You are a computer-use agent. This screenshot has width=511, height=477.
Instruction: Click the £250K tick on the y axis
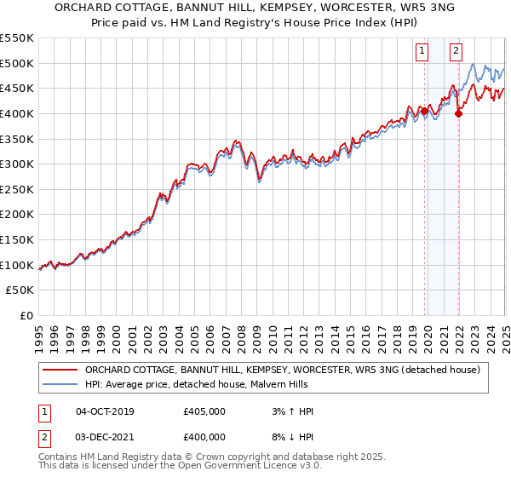point(17,214)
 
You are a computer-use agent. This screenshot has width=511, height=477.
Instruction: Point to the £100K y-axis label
point(17,265)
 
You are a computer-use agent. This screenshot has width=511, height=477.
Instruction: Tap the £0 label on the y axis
point(27,315)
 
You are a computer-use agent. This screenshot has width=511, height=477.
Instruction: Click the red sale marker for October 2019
point(424,111)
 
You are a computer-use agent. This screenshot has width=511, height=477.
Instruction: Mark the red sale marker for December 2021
point(458,113)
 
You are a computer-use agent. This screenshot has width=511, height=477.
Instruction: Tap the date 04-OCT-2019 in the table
point(105,411)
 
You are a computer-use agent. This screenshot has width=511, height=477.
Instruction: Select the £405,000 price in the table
point(204,411)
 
